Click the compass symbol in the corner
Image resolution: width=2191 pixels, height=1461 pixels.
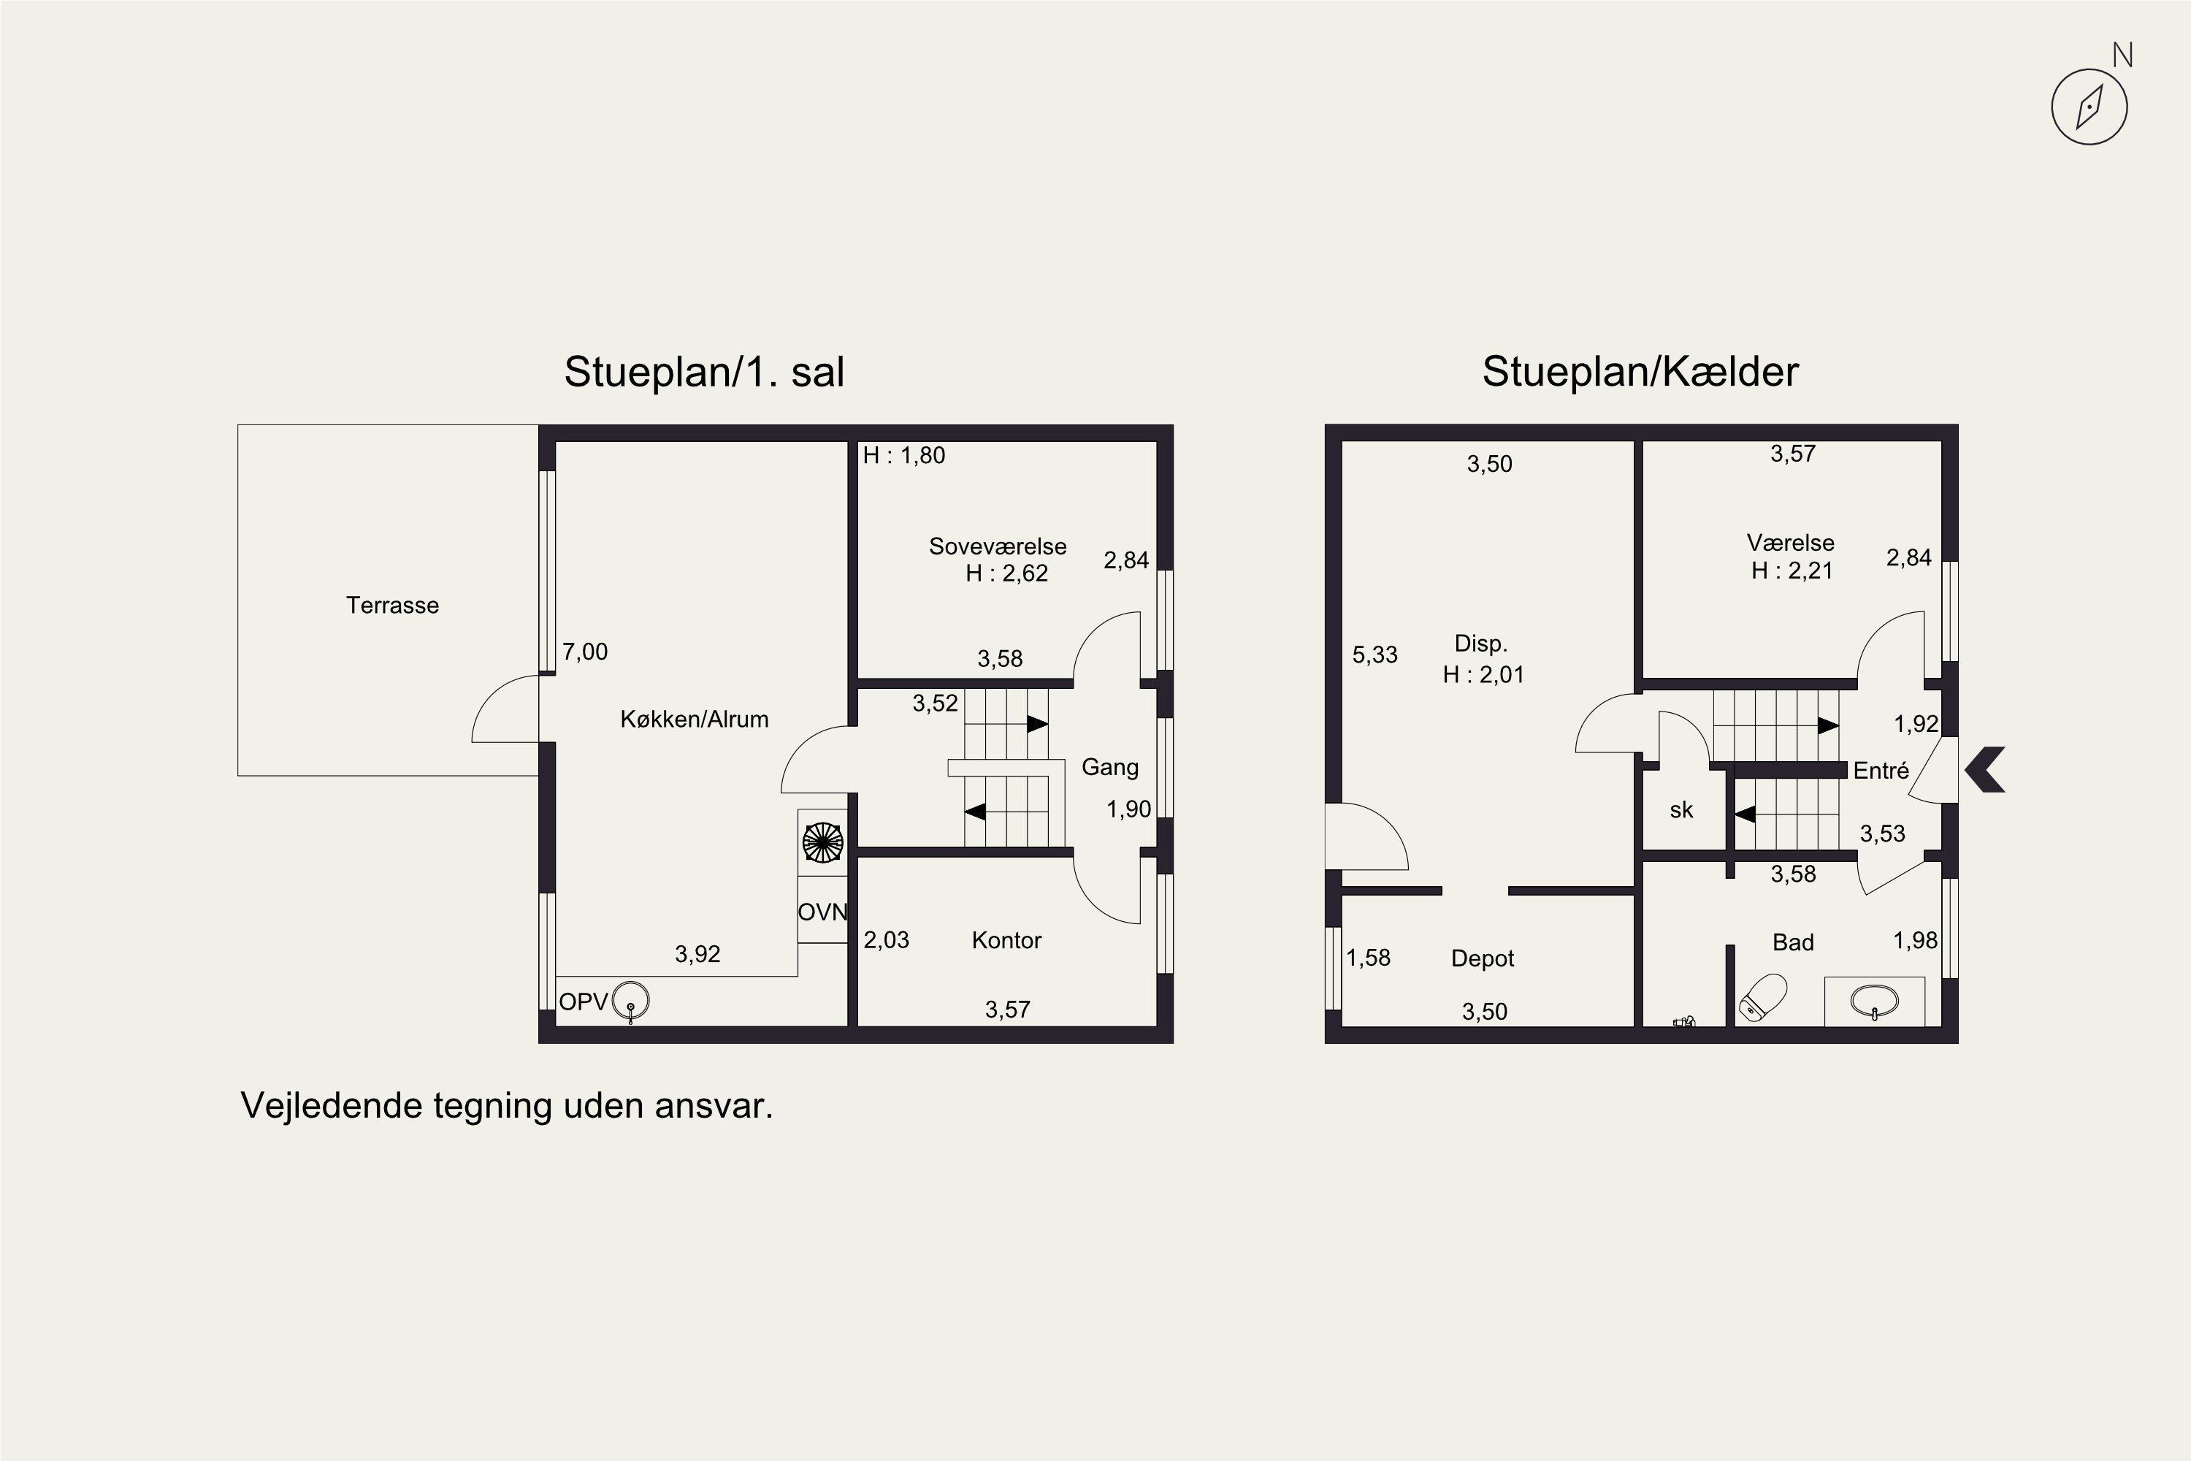(x=2089, y=106)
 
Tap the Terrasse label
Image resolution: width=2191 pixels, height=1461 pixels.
(x=392, y=606)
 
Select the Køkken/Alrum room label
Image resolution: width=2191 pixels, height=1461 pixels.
(x=694, y=720)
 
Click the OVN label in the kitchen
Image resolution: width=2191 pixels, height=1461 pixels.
(x=822, y=912)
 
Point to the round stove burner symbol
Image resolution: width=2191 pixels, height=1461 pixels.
(x=822, y=842)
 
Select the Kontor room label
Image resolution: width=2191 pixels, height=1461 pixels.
(x=1006, y=940)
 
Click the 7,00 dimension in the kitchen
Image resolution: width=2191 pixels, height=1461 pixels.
(x=585, y=652)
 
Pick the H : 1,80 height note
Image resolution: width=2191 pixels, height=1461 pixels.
(x=903, y=456)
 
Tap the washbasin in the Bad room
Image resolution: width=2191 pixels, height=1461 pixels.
(x=1874, y=1002)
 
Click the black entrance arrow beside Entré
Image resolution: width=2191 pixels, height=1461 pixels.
(x=1985, y=770)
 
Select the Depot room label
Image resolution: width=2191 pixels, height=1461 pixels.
(x=1482, y=958)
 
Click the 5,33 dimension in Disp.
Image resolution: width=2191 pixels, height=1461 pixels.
(x=1375, y=655)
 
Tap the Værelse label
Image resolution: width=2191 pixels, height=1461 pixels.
(x=1791, y=543)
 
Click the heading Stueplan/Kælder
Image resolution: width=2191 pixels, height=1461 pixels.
(x=1640, y=372)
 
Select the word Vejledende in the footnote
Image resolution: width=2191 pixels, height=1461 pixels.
(x=332, y=1106)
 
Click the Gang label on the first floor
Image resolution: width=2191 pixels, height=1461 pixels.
(x=1109, y=768)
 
